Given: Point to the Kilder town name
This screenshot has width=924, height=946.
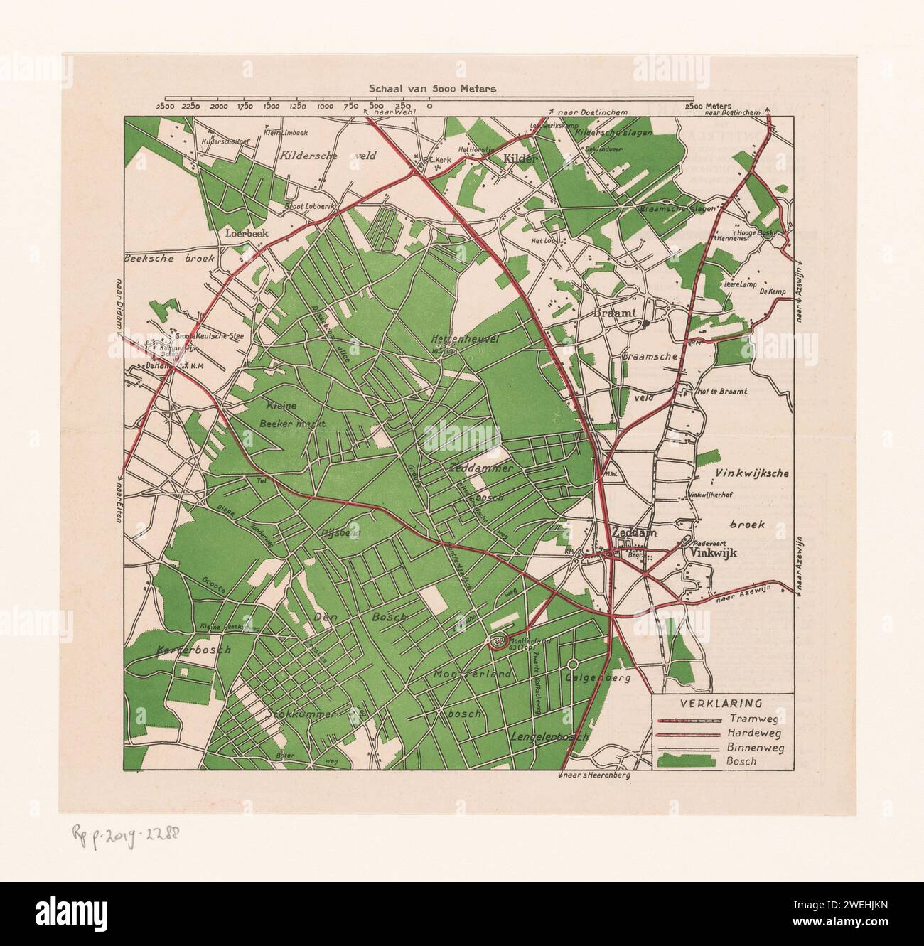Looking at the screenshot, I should pos(520,159).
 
